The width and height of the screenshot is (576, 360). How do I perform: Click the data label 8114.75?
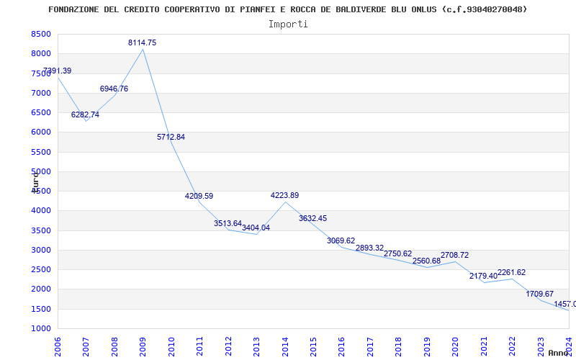[142, 43]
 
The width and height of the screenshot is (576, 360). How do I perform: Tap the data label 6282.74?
[85, 115]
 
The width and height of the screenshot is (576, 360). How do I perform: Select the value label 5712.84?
[171, 137]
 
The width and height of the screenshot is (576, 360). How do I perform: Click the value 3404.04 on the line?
[256, 228]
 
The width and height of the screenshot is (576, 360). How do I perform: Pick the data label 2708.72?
[454, 256]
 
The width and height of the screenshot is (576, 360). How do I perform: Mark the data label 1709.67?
[539, 294]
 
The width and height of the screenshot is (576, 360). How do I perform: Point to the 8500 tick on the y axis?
[41, 35]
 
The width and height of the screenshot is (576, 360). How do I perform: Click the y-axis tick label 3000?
[41, 251]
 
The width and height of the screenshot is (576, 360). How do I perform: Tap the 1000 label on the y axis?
[41, 329]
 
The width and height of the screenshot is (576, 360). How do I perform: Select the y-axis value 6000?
[41, 132]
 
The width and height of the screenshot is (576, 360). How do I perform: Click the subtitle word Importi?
[288, 24]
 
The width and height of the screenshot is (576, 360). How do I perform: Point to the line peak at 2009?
[143, 49]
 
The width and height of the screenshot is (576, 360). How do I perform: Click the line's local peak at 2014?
[285, 202]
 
